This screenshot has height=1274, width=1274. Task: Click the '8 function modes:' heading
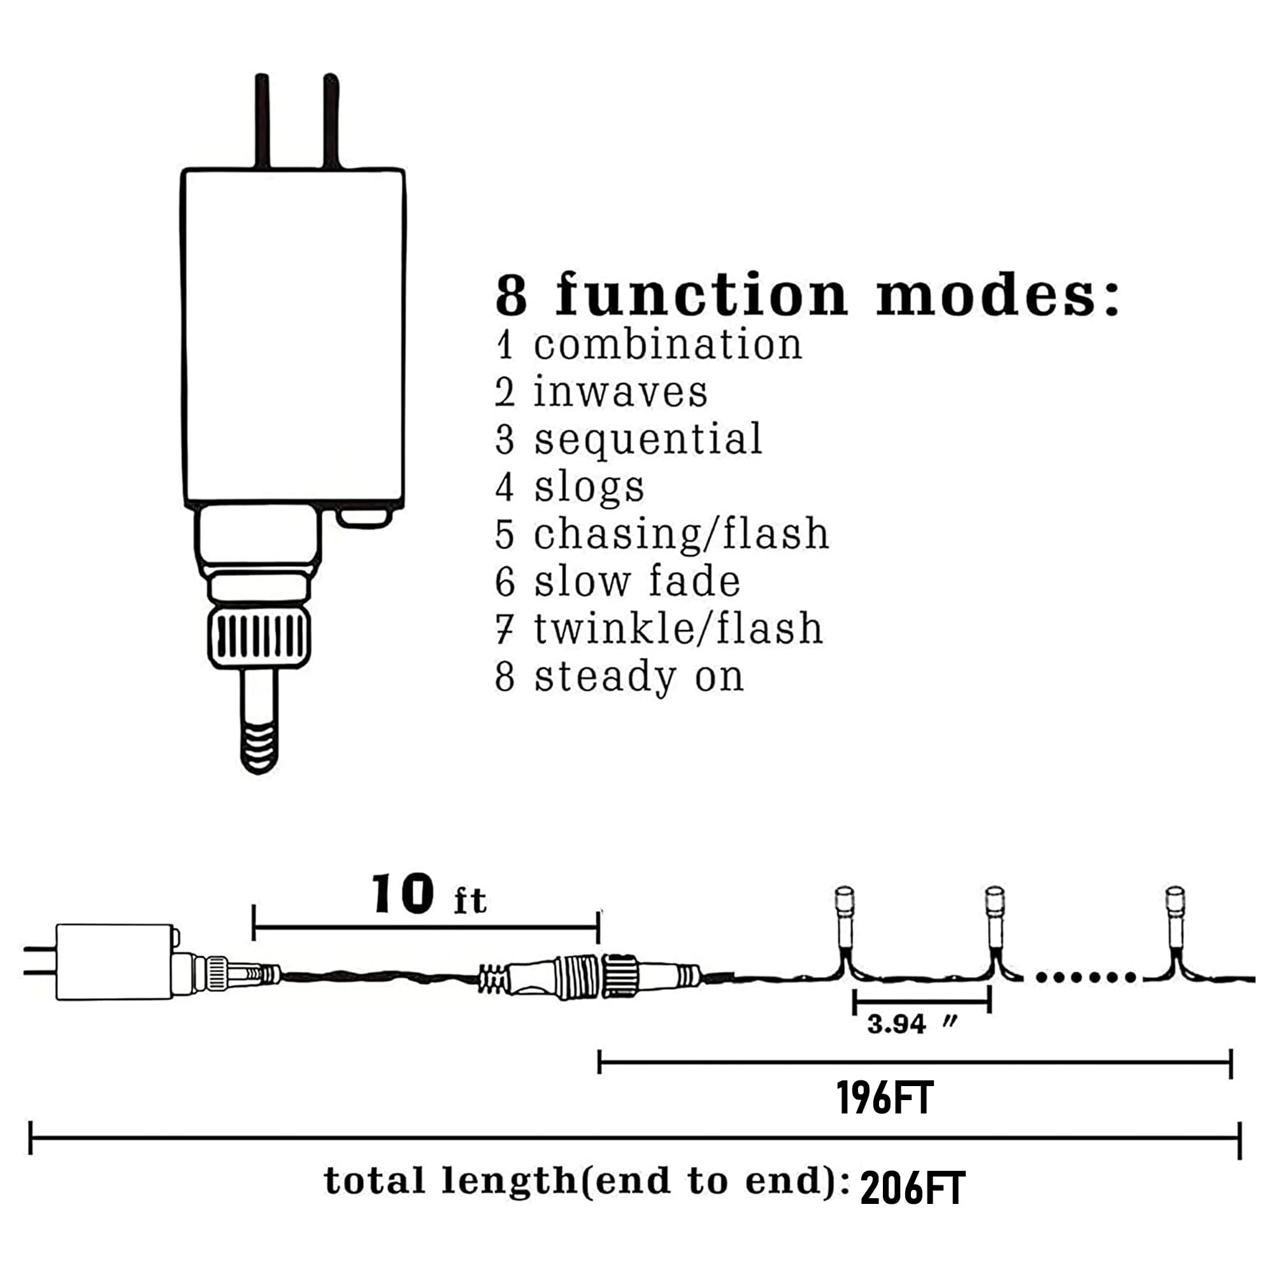807,295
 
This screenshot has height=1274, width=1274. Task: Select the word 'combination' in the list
668,345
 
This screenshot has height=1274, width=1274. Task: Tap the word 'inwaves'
620,392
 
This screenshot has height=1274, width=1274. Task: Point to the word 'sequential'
648,440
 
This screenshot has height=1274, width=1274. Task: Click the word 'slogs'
589,488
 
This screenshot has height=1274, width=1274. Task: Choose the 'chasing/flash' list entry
681,534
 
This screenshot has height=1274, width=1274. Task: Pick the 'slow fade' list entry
637,582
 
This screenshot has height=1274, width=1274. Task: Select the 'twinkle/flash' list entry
678,629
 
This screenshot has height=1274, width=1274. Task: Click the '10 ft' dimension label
429,895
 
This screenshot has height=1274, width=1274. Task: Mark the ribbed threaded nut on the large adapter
259,639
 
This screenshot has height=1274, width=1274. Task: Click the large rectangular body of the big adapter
294,338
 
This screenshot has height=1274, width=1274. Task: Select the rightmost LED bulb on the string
1175,917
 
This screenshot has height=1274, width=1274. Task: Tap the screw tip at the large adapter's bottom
259,746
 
